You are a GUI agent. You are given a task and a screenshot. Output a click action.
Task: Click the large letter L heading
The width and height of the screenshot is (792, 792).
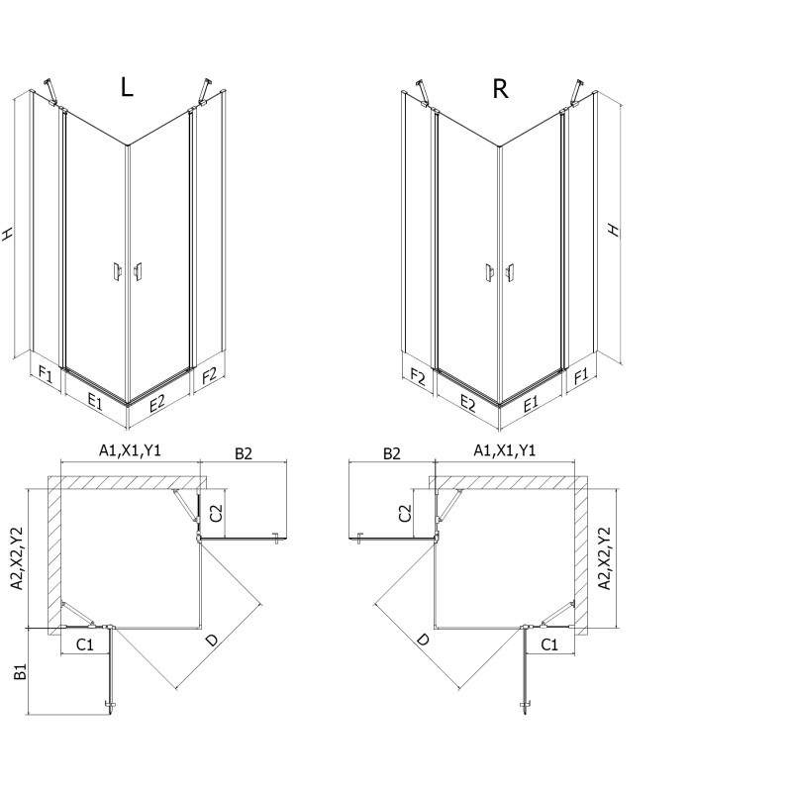126,87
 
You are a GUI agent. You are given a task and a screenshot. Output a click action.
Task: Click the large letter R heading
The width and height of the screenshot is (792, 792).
501,89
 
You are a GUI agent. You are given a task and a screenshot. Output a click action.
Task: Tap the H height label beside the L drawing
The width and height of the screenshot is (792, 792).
9,235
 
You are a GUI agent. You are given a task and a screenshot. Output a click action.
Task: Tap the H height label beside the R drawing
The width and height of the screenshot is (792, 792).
614,229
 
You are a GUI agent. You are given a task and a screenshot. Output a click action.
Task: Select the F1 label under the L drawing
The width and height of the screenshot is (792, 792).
45,374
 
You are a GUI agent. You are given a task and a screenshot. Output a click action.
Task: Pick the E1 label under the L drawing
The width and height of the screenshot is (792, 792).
95,401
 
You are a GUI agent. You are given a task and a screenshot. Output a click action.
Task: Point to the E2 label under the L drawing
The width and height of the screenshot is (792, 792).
158,402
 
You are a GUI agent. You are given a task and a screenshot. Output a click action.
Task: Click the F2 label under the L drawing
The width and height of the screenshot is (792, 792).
209,375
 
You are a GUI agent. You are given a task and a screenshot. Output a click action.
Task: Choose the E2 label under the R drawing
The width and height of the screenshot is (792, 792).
468,403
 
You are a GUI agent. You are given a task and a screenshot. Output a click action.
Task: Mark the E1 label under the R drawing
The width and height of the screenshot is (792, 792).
531,403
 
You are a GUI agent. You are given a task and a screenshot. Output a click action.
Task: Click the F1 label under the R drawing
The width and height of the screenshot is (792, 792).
581,375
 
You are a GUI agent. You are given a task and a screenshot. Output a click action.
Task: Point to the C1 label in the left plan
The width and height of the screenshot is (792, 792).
85,644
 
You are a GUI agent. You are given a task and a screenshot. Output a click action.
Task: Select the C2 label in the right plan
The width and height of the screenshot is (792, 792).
404,512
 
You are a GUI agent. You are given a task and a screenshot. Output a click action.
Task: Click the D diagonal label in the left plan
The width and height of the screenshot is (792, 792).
211,643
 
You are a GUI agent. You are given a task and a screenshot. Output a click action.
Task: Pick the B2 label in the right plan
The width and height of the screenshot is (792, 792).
392,452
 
